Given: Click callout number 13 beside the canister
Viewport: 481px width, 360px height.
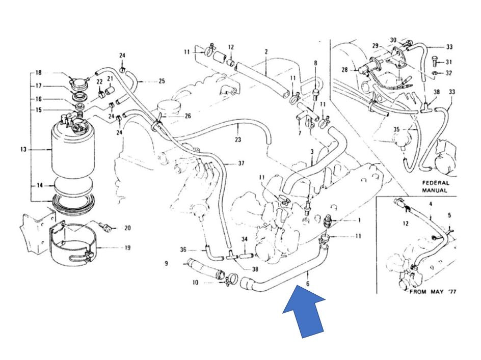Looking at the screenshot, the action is tap(24, 150).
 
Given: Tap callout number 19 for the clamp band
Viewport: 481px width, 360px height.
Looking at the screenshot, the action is tap(127, 248).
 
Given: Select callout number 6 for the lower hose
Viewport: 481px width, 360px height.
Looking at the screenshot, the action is tap(308, 284).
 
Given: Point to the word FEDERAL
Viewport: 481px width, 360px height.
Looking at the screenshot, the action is tap(435, 183).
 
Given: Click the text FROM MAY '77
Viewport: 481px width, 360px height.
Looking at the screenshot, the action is tap(433, 292).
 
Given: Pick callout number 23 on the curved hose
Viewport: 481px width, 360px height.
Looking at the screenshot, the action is tap(238, 140).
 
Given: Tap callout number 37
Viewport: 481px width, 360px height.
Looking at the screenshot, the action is tap(241, 163).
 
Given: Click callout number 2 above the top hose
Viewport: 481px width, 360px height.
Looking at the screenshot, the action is tap(266, 51).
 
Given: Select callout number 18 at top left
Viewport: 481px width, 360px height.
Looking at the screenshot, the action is tap(38, 73).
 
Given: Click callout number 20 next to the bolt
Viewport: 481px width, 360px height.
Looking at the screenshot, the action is tap(127, 228).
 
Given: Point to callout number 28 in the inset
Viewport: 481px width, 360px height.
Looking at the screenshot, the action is tap(345, 70).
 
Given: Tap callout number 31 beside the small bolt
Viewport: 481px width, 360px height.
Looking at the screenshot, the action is tap(448, 62).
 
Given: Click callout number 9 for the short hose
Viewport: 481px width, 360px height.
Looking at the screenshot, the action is tap(166, 263).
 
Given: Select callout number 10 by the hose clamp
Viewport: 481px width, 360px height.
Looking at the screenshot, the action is tap(196, 283).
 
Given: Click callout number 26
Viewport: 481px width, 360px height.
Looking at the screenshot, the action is tap(188, 116).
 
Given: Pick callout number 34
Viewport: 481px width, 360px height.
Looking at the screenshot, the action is tap(244, 239).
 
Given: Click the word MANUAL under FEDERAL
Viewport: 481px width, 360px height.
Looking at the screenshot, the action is tap(435, 190).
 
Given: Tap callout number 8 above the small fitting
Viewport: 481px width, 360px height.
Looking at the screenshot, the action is tap(315, 64).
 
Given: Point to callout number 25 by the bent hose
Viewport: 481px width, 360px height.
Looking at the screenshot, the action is tap(162, 81).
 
